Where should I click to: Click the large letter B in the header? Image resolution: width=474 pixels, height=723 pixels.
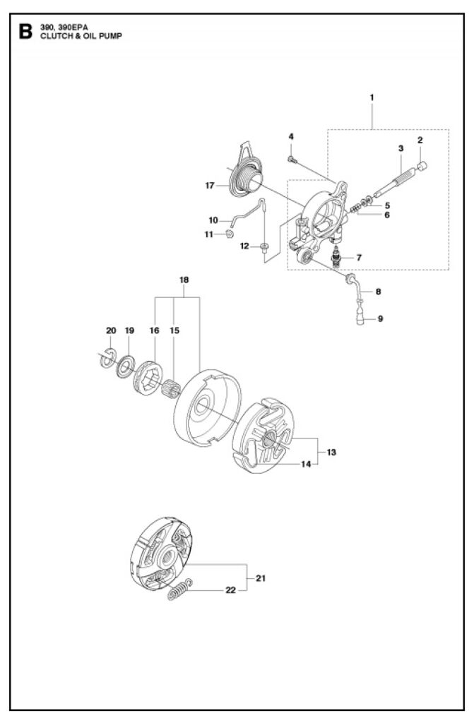[26, 32]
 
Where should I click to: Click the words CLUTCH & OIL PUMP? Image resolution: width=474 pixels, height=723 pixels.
[81, 36]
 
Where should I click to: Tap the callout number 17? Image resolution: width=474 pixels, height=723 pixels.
[210, 186]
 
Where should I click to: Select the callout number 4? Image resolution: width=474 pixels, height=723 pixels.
[291, 136]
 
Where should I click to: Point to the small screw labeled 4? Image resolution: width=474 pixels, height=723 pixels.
[292, 160]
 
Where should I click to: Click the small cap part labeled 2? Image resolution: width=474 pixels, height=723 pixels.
[422, 166]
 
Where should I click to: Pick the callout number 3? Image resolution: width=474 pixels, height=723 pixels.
[401, 148]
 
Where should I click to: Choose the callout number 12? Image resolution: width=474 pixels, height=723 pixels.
[244, 246]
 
